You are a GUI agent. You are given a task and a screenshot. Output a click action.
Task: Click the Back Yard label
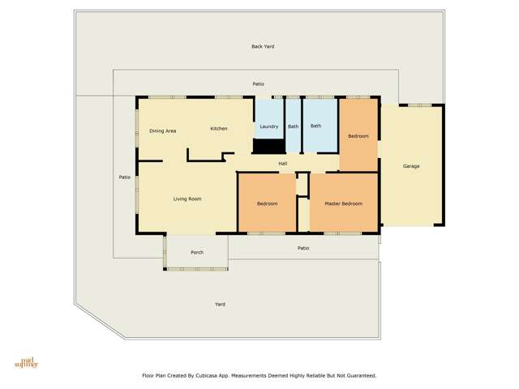point(263,46)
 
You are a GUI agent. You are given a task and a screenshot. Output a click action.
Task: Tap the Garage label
point(411,166)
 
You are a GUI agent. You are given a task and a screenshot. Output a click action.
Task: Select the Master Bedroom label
point(343,203)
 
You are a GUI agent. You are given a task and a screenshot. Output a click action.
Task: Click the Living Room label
point(187,199)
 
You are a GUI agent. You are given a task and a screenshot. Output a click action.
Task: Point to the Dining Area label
point(163,130)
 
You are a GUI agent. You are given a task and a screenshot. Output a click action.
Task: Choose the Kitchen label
point(219,129)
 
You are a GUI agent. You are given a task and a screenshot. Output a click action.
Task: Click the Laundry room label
point(269,126)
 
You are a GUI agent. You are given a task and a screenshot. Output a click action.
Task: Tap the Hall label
point(283,164)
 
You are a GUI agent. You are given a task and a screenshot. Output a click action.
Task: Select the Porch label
point(197,252)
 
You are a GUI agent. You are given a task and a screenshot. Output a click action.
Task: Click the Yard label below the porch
point(220,304)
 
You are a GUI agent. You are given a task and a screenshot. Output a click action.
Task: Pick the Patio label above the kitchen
point(258,83)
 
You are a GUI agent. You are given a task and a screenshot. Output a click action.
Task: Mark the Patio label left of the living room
point(125,177)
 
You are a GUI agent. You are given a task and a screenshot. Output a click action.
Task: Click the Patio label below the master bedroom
point(303,248)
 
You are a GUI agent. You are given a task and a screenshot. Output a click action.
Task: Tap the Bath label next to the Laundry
point(293,126)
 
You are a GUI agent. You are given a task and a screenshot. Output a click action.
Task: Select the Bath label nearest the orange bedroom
point(315,126)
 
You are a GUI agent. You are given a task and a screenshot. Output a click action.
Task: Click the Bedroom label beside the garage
point(358,136)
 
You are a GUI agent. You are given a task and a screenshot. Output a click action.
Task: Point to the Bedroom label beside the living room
point(267,203)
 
